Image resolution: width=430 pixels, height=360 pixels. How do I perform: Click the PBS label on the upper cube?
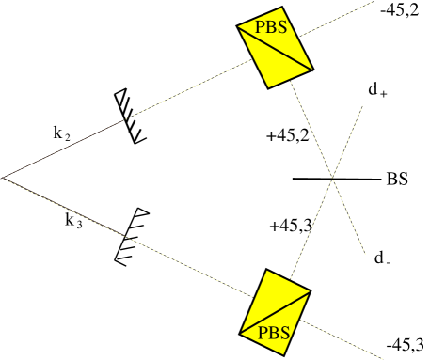[x=271, y=28]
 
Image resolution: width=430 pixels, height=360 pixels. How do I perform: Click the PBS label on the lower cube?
[x=274, y=332]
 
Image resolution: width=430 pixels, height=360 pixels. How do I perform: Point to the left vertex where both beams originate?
[x=4, y=178]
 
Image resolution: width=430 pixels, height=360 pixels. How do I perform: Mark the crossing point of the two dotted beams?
[x=332, y=176]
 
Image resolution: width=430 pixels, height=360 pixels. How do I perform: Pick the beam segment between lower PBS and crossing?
[x=311, y=226]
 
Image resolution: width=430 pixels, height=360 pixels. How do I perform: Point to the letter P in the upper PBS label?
[x=261, y=28]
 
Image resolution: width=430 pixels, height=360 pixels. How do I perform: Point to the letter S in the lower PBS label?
[x=284, y=332]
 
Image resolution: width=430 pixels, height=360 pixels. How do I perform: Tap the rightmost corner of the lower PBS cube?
[x=311, y=292]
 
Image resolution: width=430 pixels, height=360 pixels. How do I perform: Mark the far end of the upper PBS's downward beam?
[x=365, y=254]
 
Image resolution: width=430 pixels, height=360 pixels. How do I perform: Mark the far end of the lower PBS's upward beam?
[x=362, y=105]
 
